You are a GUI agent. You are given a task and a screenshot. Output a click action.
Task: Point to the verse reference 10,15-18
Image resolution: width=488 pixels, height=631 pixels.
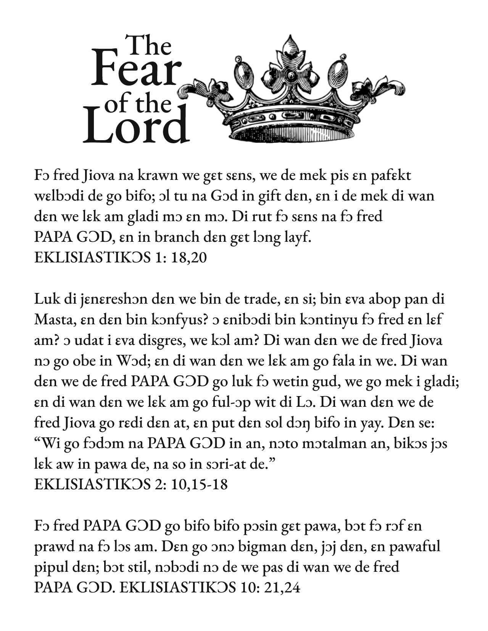pos(200,484)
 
